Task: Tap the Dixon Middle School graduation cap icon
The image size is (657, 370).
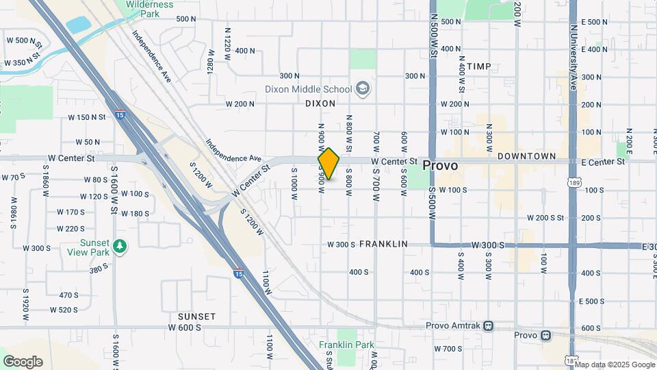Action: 362,88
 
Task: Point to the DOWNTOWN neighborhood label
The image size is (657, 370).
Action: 526,156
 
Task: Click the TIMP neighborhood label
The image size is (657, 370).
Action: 478,66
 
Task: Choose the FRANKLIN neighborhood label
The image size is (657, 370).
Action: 383,244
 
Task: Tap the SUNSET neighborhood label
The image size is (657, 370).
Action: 196,317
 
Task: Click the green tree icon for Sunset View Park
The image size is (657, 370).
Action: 120,246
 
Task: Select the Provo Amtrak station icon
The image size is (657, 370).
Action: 488,326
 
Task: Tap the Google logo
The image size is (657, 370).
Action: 23,361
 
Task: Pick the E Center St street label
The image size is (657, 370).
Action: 603,162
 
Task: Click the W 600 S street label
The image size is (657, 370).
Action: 185,328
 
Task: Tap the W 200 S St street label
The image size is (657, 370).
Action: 545,217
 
